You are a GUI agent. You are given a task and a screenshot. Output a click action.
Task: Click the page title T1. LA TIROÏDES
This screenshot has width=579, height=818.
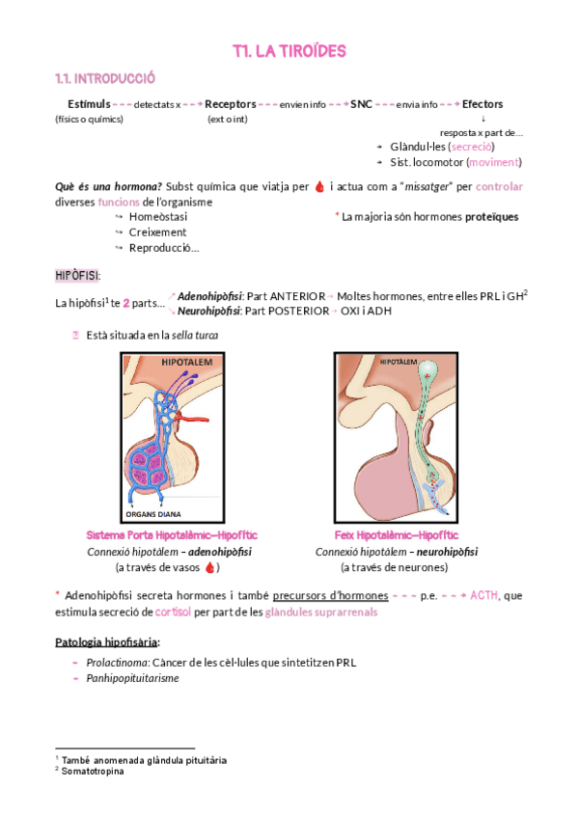(289, 50)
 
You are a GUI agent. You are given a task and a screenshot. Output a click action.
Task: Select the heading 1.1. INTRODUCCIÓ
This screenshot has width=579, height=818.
(105, 78)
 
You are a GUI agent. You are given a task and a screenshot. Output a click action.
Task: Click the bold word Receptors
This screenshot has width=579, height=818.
(231, 104)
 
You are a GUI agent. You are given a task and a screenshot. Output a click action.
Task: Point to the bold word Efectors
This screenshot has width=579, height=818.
(482, 104)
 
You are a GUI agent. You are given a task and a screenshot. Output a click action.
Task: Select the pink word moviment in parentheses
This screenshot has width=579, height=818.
(494, 162)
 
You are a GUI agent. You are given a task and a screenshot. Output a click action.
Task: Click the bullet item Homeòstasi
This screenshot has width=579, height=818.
(157, 217)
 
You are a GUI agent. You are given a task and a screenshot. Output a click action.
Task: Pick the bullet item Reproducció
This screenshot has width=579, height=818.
(163, 248)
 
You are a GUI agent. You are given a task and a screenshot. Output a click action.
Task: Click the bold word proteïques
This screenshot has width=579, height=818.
(491, 217)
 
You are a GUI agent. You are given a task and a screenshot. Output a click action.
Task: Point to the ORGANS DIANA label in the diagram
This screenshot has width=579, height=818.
(153, 514)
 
